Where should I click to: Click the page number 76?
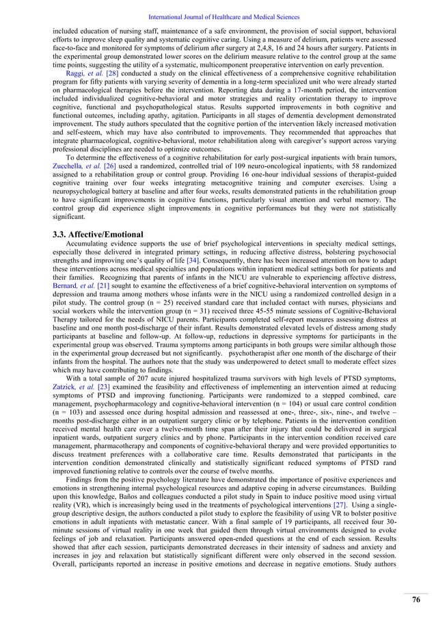coord(415,600)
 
